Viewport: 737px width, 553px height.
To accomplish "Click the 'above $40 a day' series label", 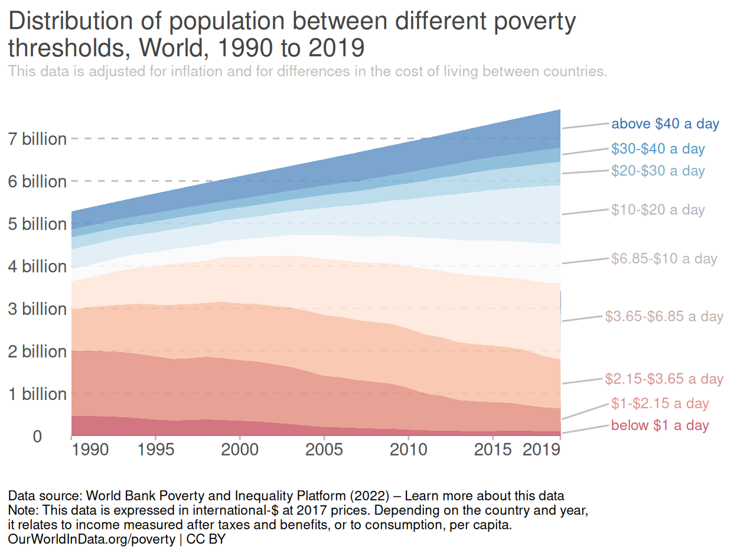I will point(665,124).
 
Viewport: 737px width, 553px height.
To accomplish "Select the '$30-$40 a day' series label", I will point(658,149).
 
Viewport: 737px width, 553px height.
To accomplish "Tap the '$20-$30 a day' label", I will point(658,171).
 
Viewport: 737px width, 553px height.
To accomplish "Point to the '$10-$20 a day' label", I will point(658,210).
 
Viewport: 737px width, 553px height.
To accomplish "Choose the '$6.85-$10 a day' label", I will point(664,259).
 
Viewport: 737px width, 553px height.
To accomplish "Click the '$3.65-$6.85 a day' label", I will point(664,317).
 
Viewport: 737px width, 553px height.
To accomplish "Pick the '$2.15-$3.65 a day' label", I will point(664,379).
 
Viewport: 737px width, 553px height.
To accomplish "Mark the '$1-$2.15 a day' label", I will point(660,404).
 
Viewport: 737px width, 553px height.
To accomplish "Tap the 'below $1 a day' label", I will point(660,425).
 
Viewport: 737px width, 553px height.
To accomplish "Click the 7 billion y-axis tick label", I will point(37,139).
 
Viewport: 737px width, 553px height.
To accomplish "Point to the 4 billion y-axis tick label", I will point(37,266).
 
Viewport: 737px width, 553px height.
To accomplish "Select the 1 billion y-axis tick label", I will point(37,394).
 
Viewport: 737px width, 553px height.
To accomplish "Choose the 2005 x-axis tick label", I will point(324,450).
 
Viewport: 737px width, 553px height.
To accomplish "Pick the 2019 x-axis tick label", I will point(542,450).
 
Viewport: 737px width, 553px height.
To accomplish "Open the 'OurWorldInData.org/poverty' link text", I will point(92,539).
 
